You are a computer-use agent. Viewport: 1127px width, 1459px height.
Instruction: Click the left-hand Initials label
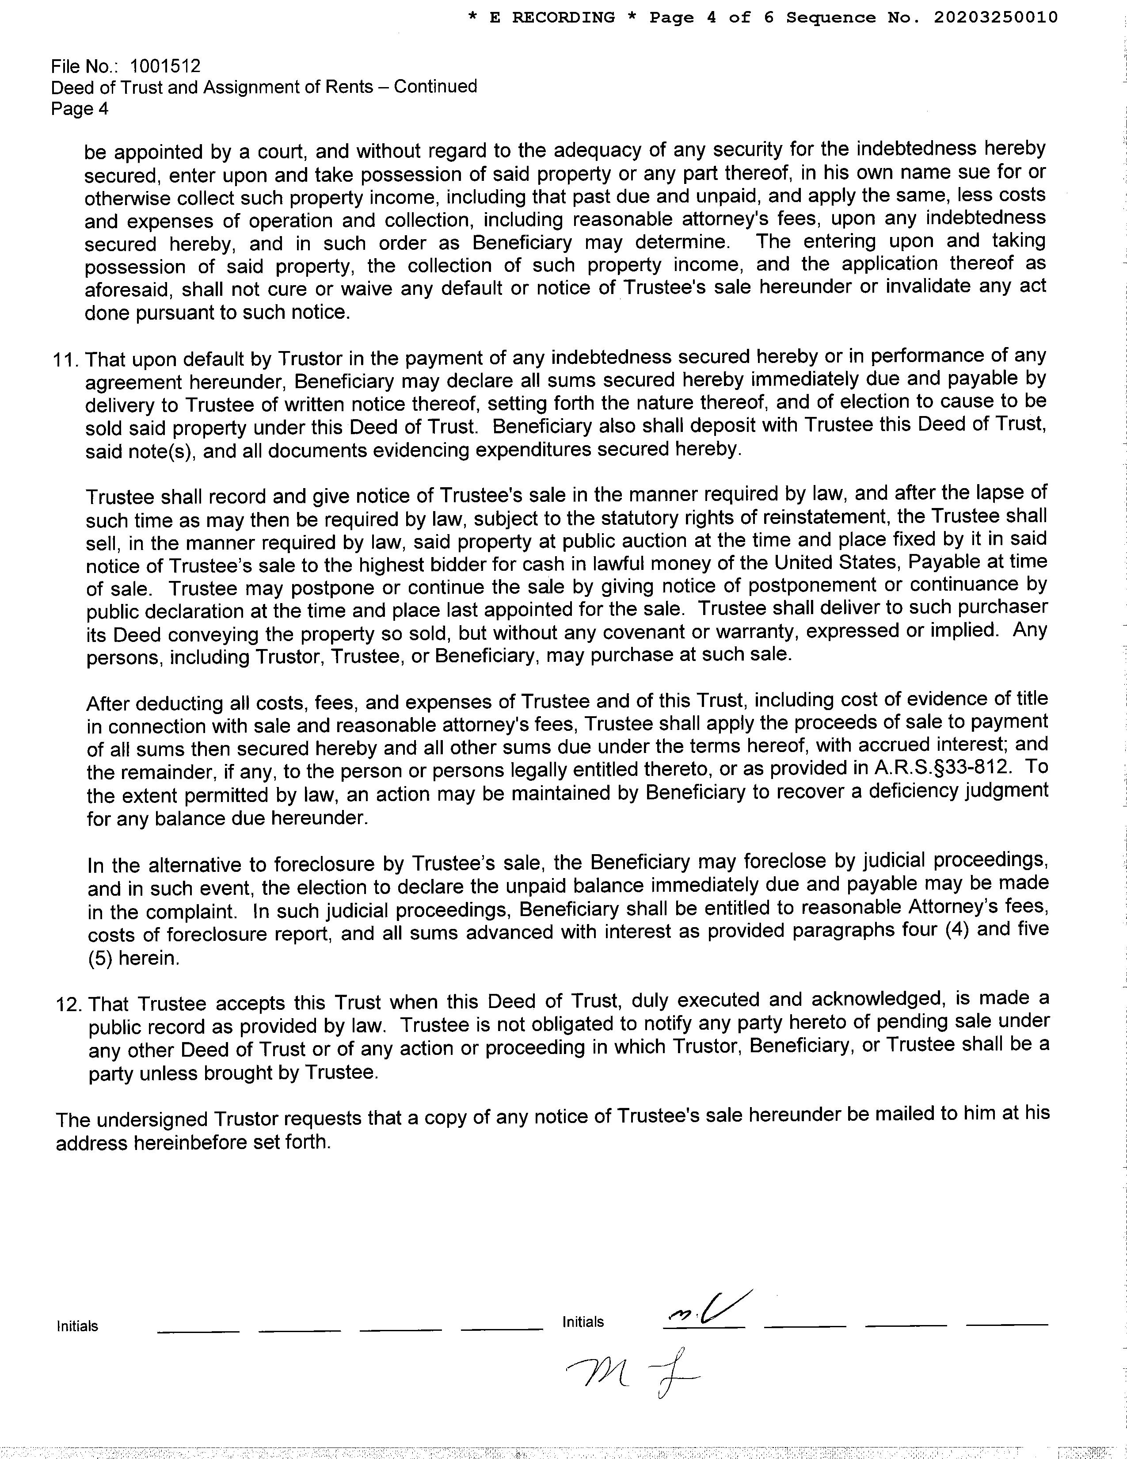(77, 1326)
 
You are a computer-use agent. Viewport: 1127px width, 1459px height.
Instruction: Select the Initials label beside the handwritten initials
(583, 1322)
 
